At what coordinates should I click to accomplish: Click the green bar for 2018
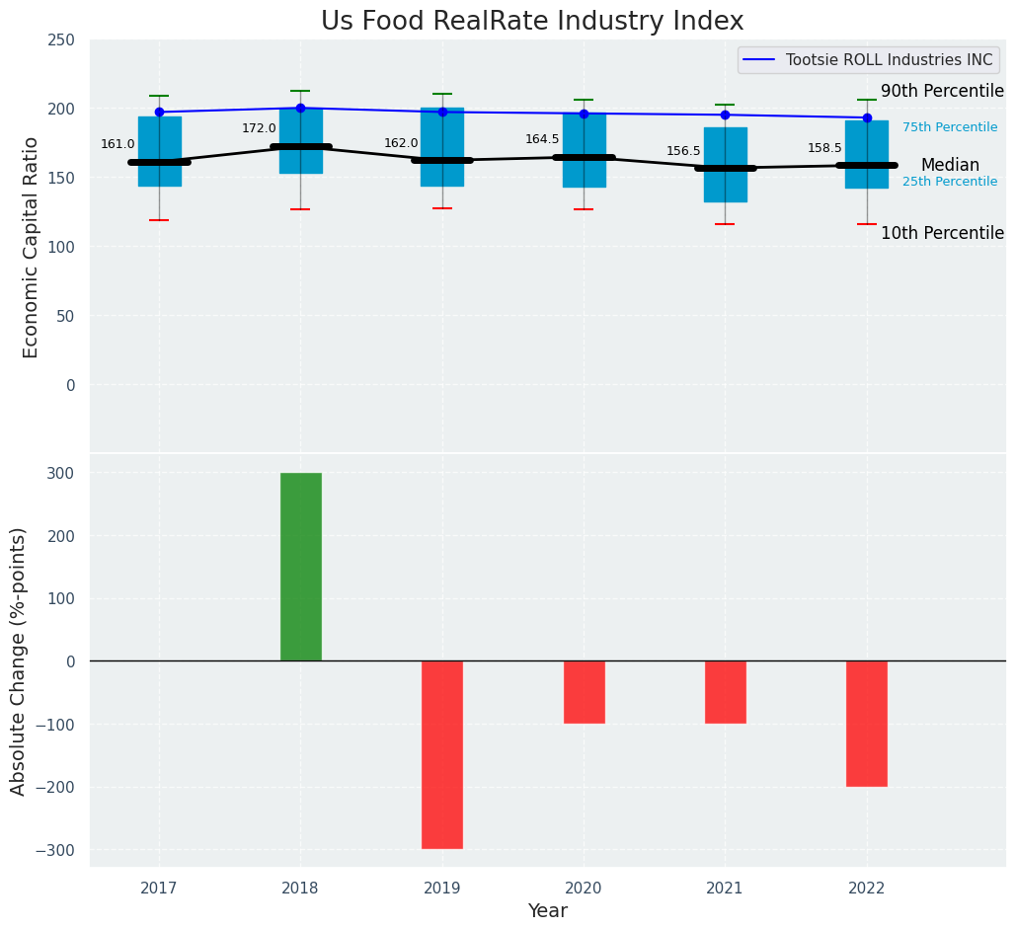(300, 567)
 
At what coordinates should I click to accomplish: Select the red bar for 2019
(441, 754)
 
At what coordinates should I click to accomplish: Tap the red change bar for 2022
(866, 724)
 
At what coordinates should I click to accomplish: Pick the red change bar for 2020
(584, 692)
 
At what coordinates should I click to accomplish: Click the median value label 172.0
(259, 128)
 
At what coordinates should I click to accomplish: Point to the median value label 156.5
(683, 151)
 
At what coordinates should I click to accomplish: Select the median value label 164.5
(542, 139)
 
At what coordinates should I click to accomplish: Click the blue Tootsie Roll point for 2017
(159, 113)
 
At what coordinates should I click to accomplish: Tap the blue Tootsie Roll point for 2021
(725, 115)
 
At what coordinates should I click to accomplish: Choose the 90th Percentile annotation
(942, 92)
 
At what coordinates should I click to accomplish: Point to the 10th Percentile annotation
(942, 234)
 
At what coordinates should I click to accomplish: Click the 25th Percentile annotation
(949, 182)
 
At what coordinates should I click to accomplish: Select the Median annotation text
(950, 166)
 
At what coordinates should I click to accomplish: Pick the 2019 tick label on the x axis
(441, 888)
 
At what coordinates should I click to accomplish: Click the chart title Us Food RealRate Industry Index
(532, 22)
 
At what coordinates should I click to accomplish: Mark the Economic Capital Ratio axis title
(31, 247)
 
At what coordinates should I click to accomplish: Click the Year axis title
(547, 911)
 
